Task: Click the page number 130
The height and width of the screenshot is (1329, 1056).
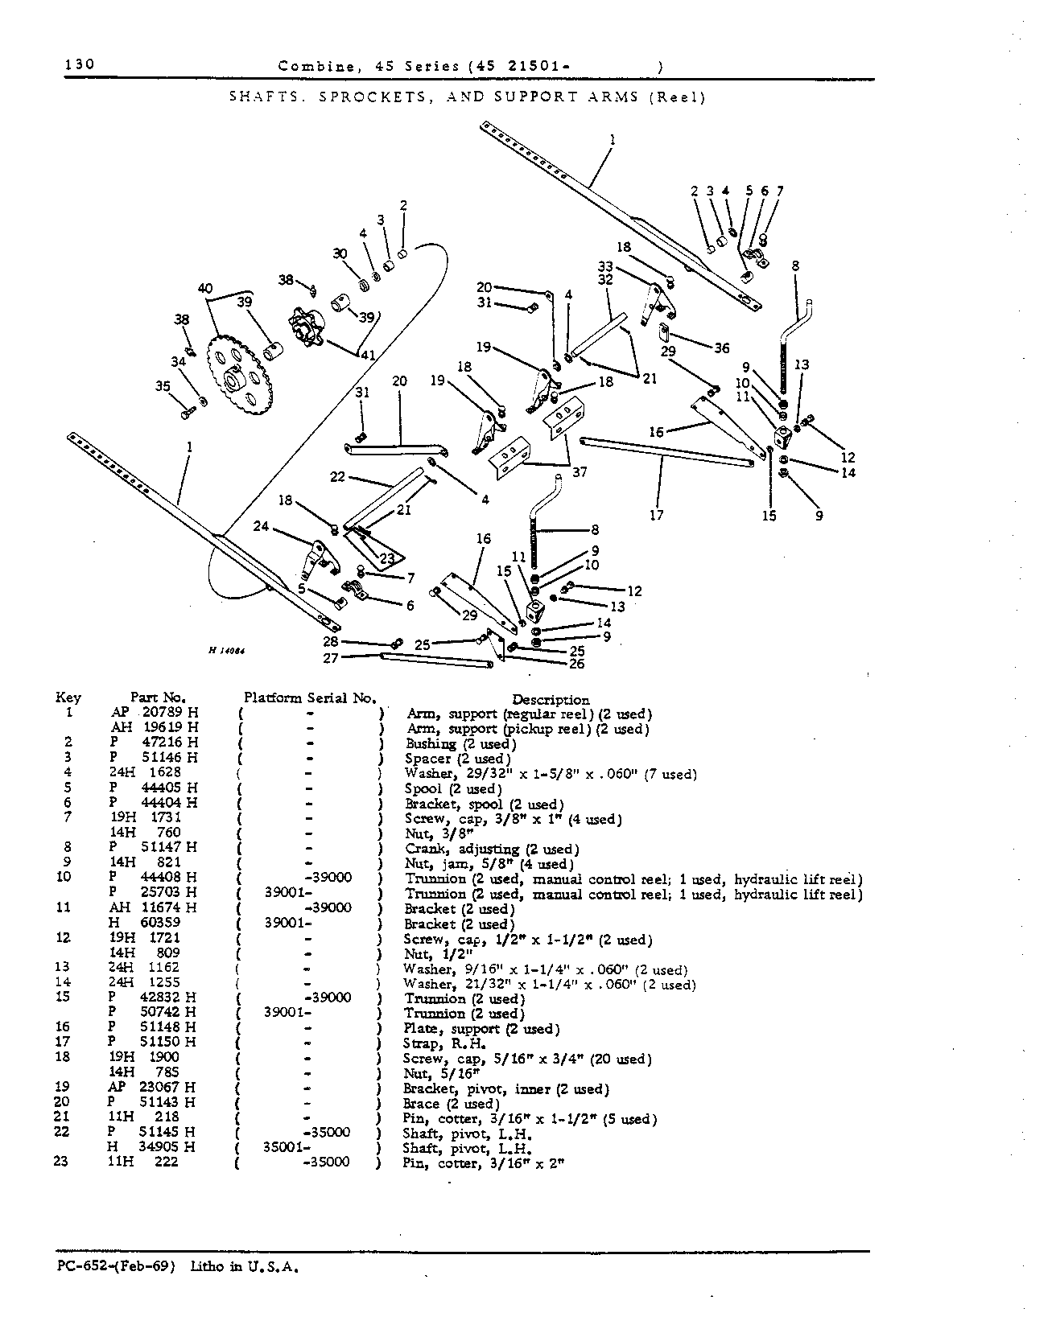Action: (x=80, y=64)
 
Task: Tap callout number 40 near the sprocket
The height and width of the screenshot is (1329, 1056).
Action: (x=205, y=289)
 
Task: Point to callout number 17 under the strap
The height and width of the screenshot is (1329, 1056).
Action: (x=657, y=514)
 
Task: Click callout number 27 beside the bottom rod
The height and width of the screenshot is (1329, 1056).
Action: (x=330, y=657)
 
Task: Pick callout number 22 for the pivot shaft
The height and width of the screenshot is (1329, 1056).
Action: (x=337, y=477)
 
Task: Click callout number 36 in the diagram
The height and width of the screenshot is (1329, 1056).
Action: (x=721, y=348)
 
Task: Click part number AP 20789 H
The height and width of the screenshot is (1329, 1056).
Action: (x=154, y=713)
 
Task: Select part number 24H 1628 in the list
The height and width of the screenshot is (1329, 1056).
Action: (x=146, y=772)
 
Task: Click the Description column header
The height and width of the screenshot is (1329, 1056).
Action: (x=551, y=699)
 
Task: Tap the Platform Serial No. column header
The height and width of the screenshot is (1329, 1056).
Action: (x=310, y=698)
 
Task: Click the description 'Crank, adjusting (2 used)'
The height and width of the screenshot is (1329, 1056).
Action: (x=491, y=849)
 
